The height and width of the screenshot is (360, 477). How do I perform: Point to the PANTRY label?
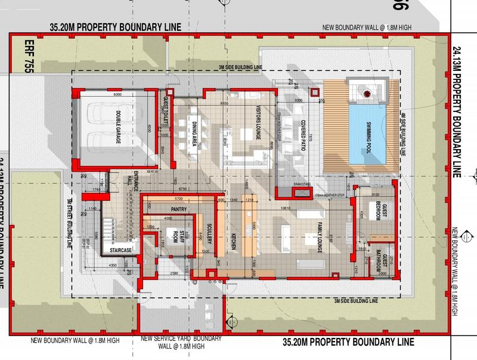179,209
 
